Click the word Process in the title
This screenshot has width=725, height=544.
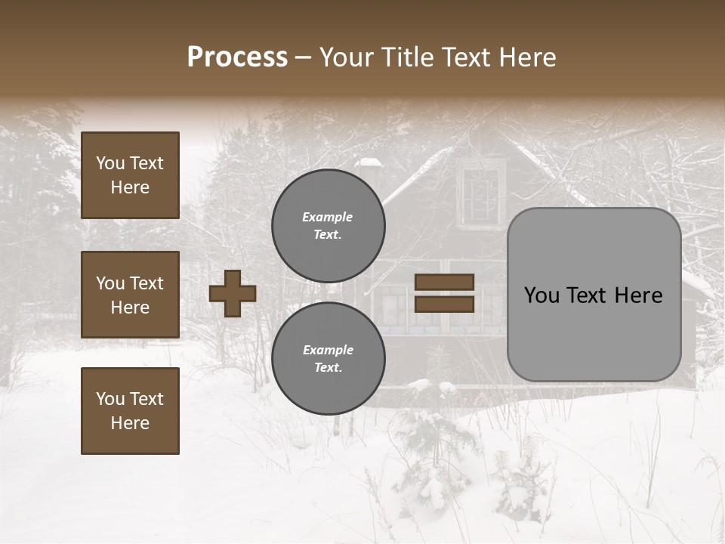(237, 57)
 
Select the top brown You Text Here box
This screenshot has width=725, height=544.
(130, 175)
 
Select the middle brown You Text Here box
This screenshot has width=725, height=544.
(130, 295)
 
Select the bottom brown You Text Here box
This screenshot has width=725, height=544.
(130, 410)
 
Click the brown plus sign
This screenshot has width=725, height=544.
(233, 293)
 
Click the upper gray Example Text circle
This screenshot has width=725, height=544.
(328, 225)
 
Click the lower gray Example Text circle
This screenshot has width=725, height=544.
(328, 358)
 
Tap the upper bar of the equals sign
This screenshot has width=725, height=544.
(444, 282)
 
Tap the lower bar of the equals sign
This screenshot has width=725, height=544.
(444, 304)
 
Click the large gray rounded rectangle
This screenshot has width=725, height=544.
(594, 332)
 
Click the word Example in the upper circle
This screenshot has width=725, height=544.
(328, 217)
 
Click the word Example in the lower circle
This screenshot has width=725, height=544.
(328, 350)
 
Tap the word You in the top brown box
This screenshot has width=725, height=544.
(110, 163)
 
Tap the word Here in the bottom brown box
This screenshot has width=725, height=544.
(130, 423)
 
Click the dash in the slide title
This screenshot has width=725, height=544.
(304, 57)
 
